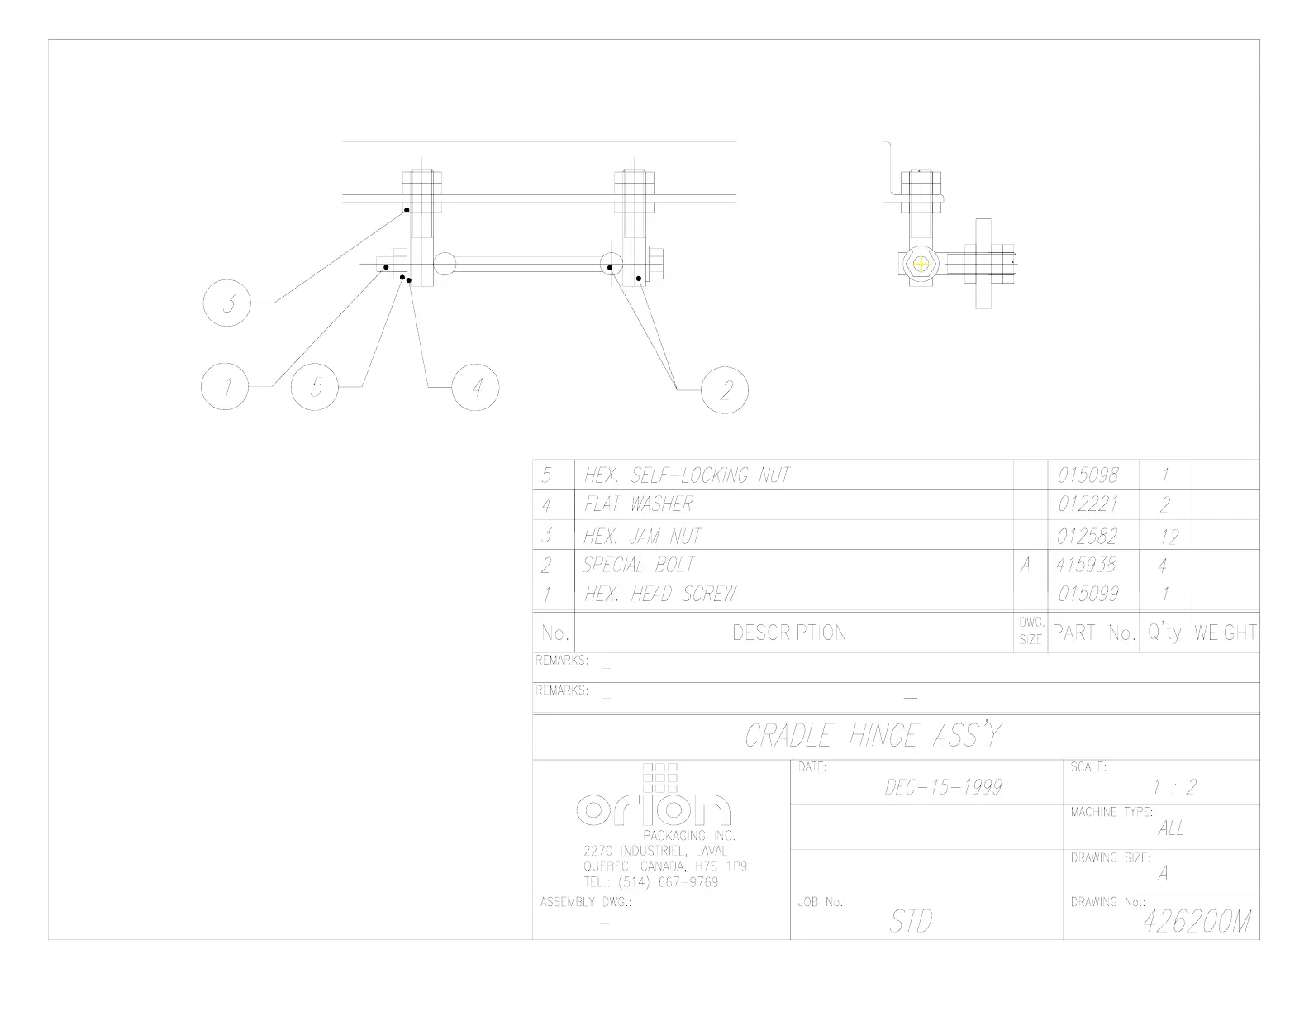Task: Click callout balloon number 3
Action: [x=226, y=303]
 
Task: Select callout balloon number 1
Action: [x=225, y=386]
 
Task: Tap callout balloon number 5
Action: [x=315, y=386]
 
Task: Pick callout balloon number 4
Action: [x=476, y=386]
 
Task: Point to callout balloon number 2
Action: [x=725, y=389]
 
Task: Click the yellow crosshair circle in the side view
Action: [x=921, y=264]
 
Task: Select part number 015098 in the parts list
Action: [x=1088, y=475]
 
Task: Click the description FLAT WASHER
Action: [x=639, y=504]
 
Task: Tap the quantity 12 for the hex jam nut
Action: [x=1168, y=537]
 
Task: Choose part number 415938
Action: [x=1086, y=566]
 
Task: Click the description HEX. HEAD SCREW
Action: [x=659, y=594]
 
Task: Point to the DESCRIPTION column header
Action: [x=789, y=633]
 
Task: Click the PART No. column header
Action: [x=1094, y=633]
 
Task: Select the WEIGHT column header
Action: [x=1225, y=633]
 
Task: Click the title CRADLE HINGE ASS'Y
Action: [x=873, y=736]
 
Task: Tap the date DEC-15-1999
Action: [x=943, y=787]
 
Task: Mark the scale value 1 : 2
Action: [x=1173, y=787]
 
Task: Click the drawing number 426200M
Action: [x=1197, y=922]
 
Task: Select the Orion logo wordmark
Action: [x=653, y=809]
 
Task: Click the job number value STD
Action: [x=911, y=922]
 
